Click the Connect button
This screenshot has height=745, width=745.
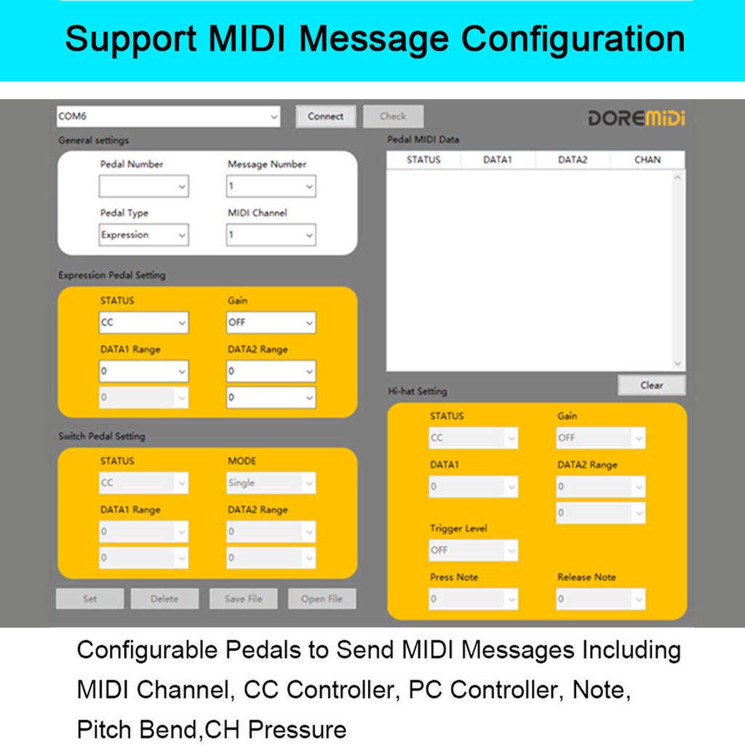(x=325, y=116)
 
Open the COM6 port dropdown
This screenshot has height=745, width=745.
(x=168, y=116)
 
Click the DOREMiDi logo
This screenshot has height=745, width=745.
(x=636, y=118)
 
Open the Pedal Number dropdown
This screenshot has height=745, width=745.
(x=144, y=186)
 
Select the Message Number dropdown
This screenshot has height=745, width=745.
(x=271, y=186)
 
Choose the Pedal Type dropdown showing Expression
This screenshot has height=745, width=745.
(x=144, y=235)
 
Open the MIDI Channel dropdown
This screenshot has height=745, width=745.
(x=271, y=235)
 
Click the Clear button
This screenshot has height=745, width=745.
(x=651, y=386)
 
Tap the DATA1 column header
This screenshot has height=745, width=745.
(x=498, y=160)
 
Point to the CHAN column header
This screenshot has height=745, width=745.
(x=647, y=160)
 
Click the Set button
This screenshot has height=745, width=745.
(x=89, y=599)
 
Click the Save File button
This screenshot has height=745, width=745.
(x=243, y=599)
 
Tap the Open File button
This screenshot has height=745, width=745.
(x=322, y=599)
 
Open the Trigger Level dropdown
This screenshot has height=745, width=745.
(x=474, y=551)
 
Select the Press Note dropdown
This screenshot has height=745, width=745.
(x=474, y=599)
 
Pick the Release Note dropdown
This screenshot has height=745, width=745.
(x=601, y=599)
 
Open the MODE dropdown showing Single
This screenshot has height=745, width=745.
(x=271, y=483)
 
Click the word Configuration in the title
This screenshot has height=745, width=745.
(x=573, y=39)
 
